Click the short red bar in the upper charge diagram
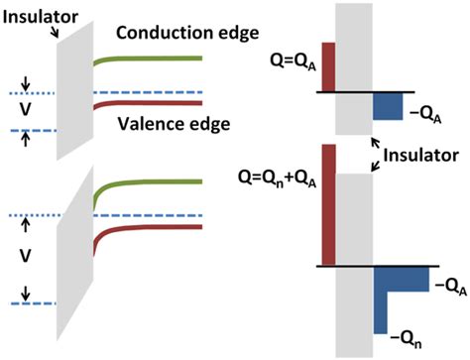(329, 67)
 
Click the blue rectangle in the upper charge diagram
(387, 106)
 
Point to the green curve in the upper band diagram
(149, 60)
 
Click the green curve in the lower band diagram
(149, 183)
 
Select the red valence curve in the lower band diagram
(149, 227)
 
